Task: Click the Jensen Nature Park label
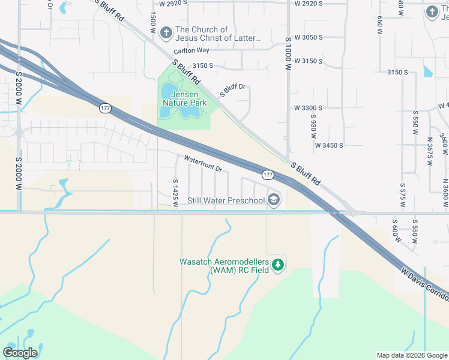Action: [x=184, y=98]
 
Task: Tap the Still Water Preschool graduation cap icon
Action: [x=274, y=200]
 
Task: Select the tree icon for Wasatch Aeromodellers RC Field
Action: [x=277, y=265]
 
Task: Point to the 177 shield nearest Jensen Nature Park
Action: [x=105, y=107]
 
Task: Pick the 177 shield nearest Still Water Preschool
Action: [x=268, y=175]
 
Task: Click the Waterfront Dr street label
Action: [x=203, y=164]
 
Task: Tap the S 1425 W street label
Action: [x=175, y=193]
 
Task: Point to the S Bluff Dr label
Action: [x=234, y=90]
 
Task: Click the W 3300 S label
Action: [x=309, y=108]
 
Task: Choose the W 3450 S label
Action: [x=329, y=145]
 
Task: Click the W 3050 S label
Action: [x=309, y=37]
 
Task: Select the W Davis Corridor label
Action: [x=425, y=286]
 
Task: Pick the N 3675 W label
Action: [x=430, y=152]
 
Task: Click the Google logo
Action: [x=20, y=352]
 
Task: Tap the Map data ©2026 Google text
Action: [x=411, y=355]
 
